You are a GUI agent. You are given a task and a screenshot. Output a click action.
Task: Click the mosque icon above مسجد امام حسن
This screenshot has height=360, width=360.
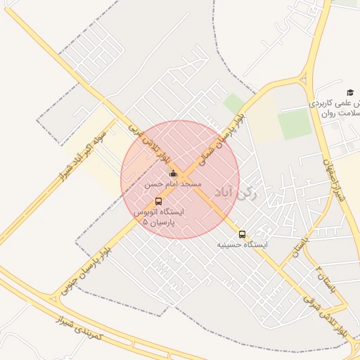[173, 173]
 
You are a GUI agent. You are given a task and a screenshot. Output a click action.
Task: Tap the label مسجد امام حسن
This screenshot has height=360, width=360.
[173, 184]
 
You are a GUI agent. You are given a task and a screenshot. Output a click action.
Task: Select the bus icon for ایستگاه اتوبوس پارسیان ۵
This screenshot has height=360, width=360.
[157, 201]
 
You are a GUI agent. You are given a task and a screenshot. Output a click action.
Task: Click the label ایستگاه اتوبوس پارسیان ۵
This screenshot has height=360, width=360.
[158, 216]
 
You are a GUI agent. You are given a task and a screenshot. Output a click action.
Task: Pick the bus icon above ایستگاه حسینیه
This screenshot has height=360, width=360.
[242, 234]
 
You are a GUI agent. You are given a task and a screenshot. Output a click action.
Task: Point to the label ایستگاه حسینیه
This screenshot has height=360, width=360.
[242, 245]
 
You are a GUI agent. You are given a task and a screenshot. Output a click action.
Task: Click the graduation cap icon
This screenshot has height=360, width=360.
[350, 92]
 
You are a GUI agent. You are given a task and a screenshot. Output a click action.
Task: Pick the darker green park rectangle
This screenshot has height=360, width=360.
[294, 124]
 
